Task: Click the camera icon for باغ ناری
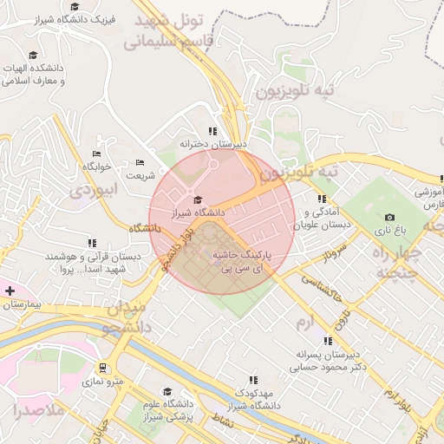389,217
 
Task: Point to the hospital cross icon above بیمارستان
10,291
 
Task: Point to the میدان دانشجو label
129,317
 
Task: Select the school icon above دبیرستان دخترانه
212,131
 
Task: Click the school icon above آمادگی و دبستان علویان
322,199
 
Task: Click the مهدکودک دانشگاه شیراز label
253,399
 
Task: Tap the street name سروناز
335,253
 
